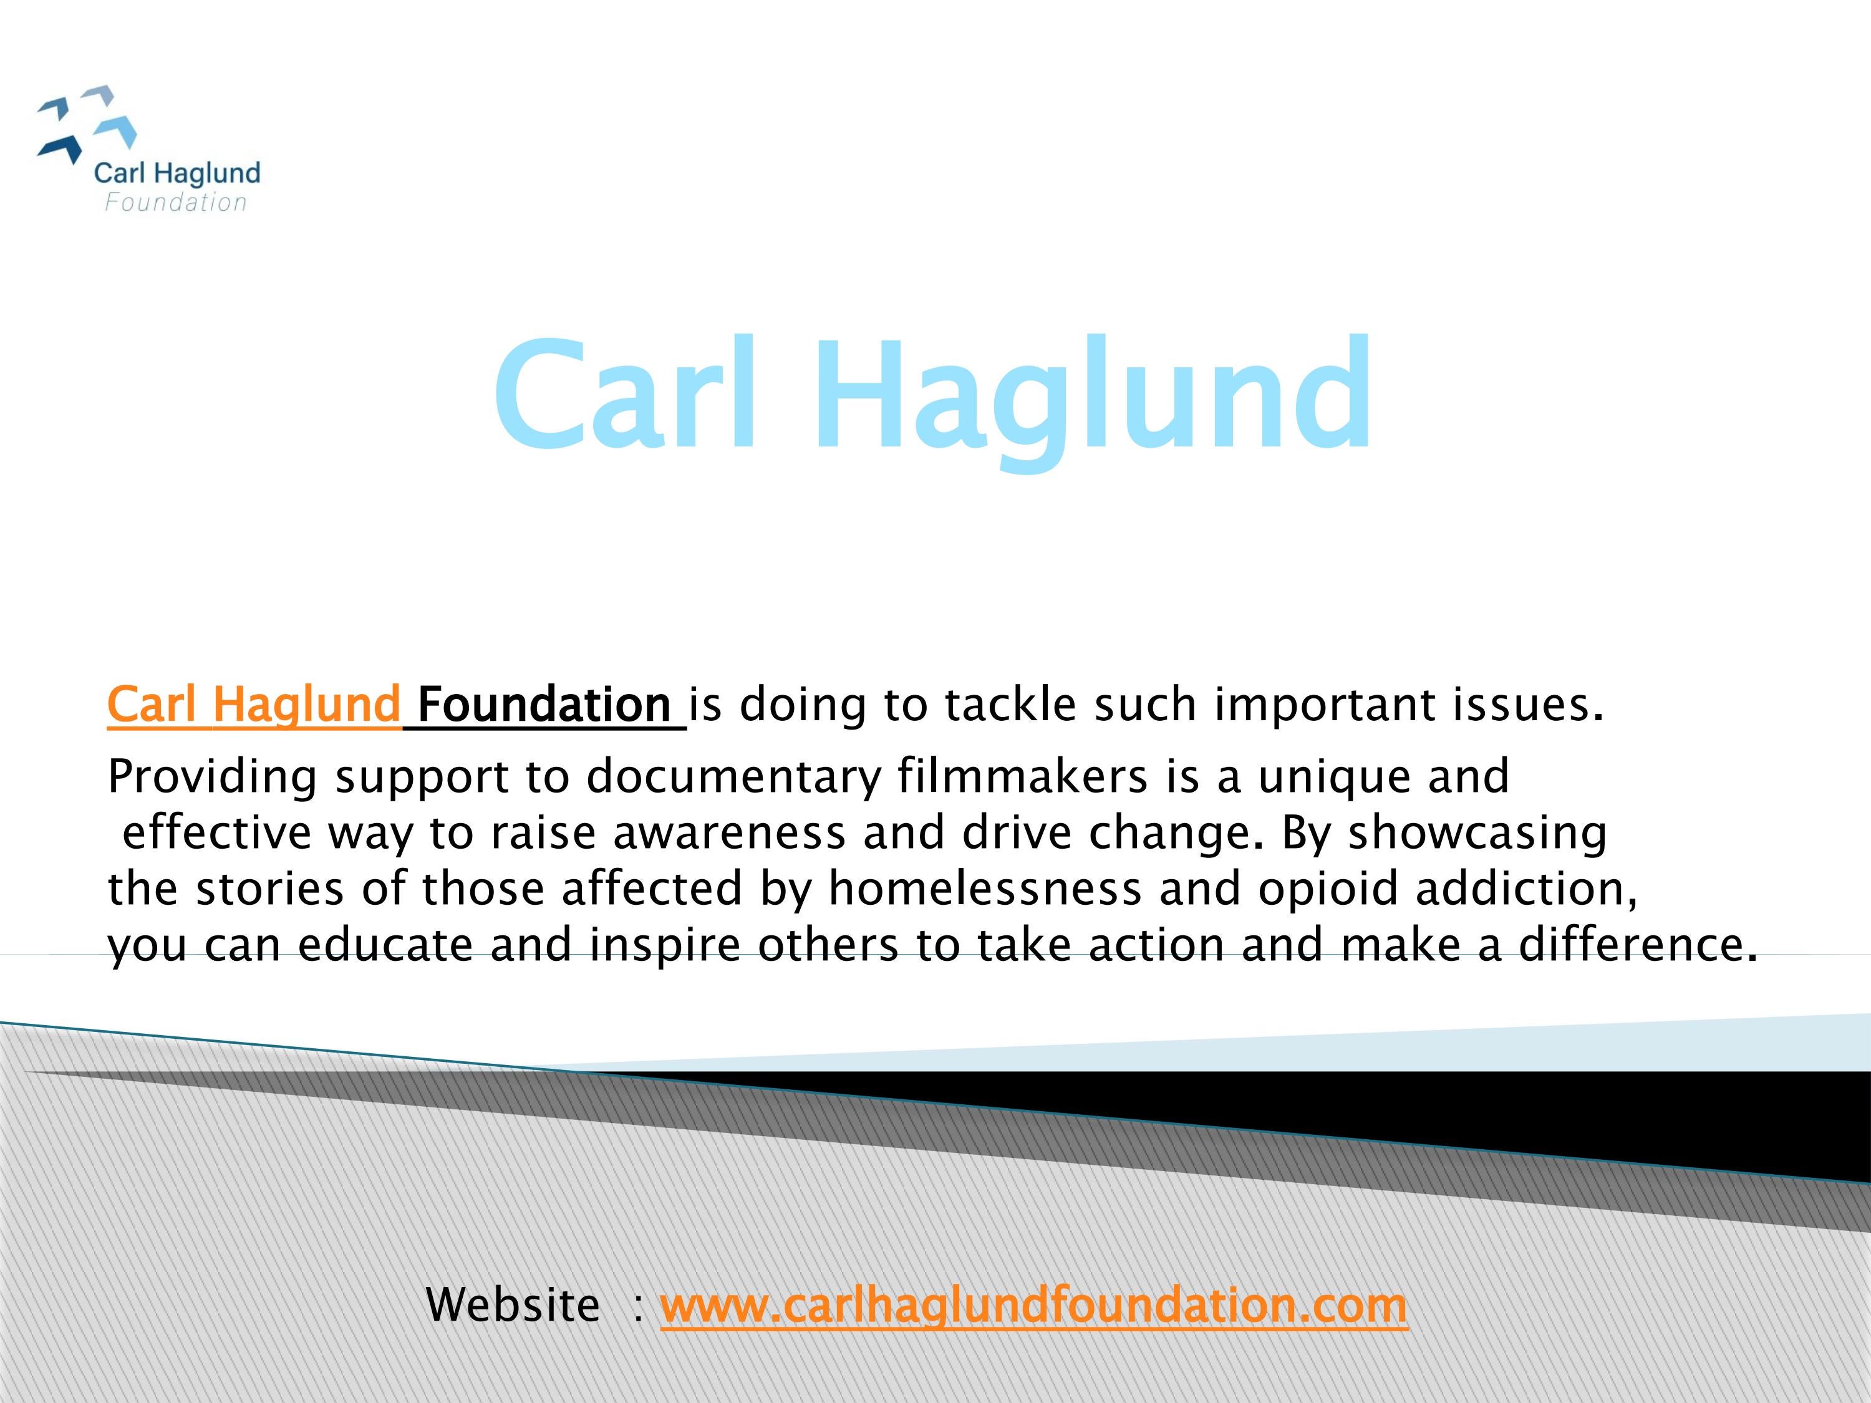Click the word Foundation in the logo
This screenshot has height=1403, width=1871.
pos(176,203)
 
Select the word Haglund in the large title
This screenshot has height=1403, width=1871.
pos(1092,402)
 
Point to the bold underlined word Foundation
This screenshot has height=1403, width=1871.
pos(544,705)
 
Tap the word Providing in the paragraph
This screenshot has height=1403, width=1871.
pos(212,776)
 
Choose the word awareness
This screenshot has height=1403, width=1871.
pos(729,833)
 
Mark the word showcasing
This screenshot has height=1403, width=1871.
pos(1477,834)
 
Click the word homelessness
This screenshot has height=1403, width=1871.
pos(985,889)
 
